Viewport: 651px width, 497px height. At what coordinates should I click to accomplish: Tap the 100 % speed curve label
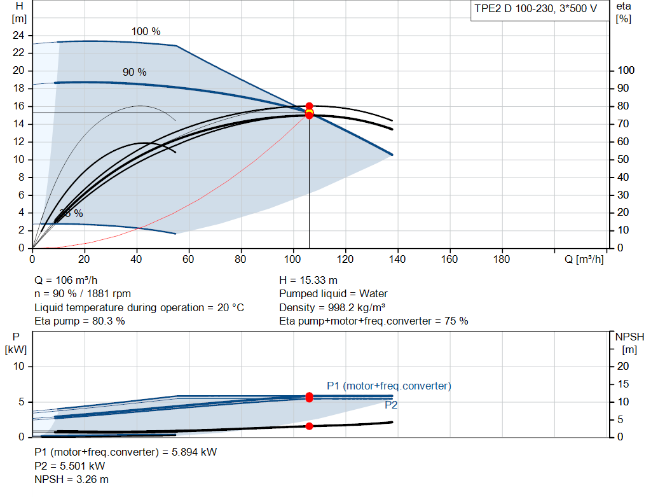pos(146,32)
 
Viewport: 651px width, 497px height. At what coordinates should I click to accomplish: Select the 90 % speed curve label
pos(135,73)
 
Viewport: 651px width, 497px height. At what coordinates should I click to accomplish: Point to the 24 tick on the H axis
pos(18,36)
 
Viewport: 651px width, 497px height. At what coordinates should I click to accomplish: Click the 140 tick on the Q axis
pos(397,259)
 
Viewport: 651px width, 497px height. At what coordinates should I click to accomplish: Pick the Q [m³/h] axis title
pos(584,259)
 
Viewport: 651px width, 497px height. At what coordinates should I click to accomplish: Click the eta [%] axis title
pos(624,13)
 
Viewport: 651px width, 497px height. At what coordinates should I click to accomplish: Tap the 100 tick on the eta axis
pos(626,70)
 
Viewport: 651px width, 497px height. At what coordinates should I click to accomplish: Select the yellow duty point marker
pos(310,112)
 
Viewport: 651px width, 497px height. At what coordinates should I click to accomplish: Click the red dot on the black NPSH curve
pos(310,426)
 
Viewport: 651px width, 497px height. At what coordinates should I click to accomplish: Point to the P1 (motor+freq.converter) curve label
pos(389,386)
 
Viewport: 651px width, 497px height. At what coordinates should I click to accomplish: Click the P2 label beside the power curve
pos(391,405)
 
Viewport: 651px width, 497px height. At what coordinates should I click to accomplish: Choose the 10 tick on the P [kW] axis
pos(19,366)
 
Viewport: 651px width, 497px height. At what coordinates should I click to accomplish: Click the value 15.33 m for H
pos(319,280)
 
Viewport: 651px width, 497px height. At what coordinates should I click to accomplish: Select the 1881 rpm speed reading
pos(109,294)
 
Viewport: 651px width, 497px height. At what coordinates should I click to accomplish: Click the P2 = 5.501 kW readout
pos(70,466)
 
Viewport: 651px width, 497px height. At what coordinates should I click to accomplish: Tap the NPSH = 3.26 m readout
pos(71,480)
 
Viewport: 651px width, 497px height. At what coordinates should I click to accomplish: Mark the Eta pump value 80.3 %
pos(108,321)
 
